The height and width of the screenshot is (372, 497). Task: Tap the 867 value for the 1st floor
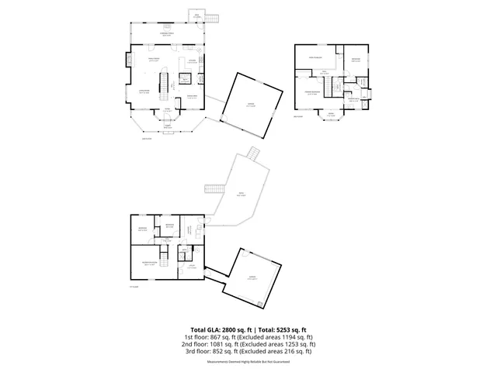coord(217,337)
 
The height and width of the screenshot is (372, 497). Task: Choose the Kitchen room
coord(192,62)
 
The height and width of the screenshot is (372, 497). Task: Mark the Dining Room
coord(191,96)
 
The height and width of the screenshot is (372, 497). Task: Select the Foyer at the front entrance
coord(168,111)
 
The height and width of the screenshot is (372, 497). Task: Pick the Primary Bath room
coord(353,99)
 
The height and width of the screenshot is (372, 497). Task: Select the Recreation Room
coord(148,263)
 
